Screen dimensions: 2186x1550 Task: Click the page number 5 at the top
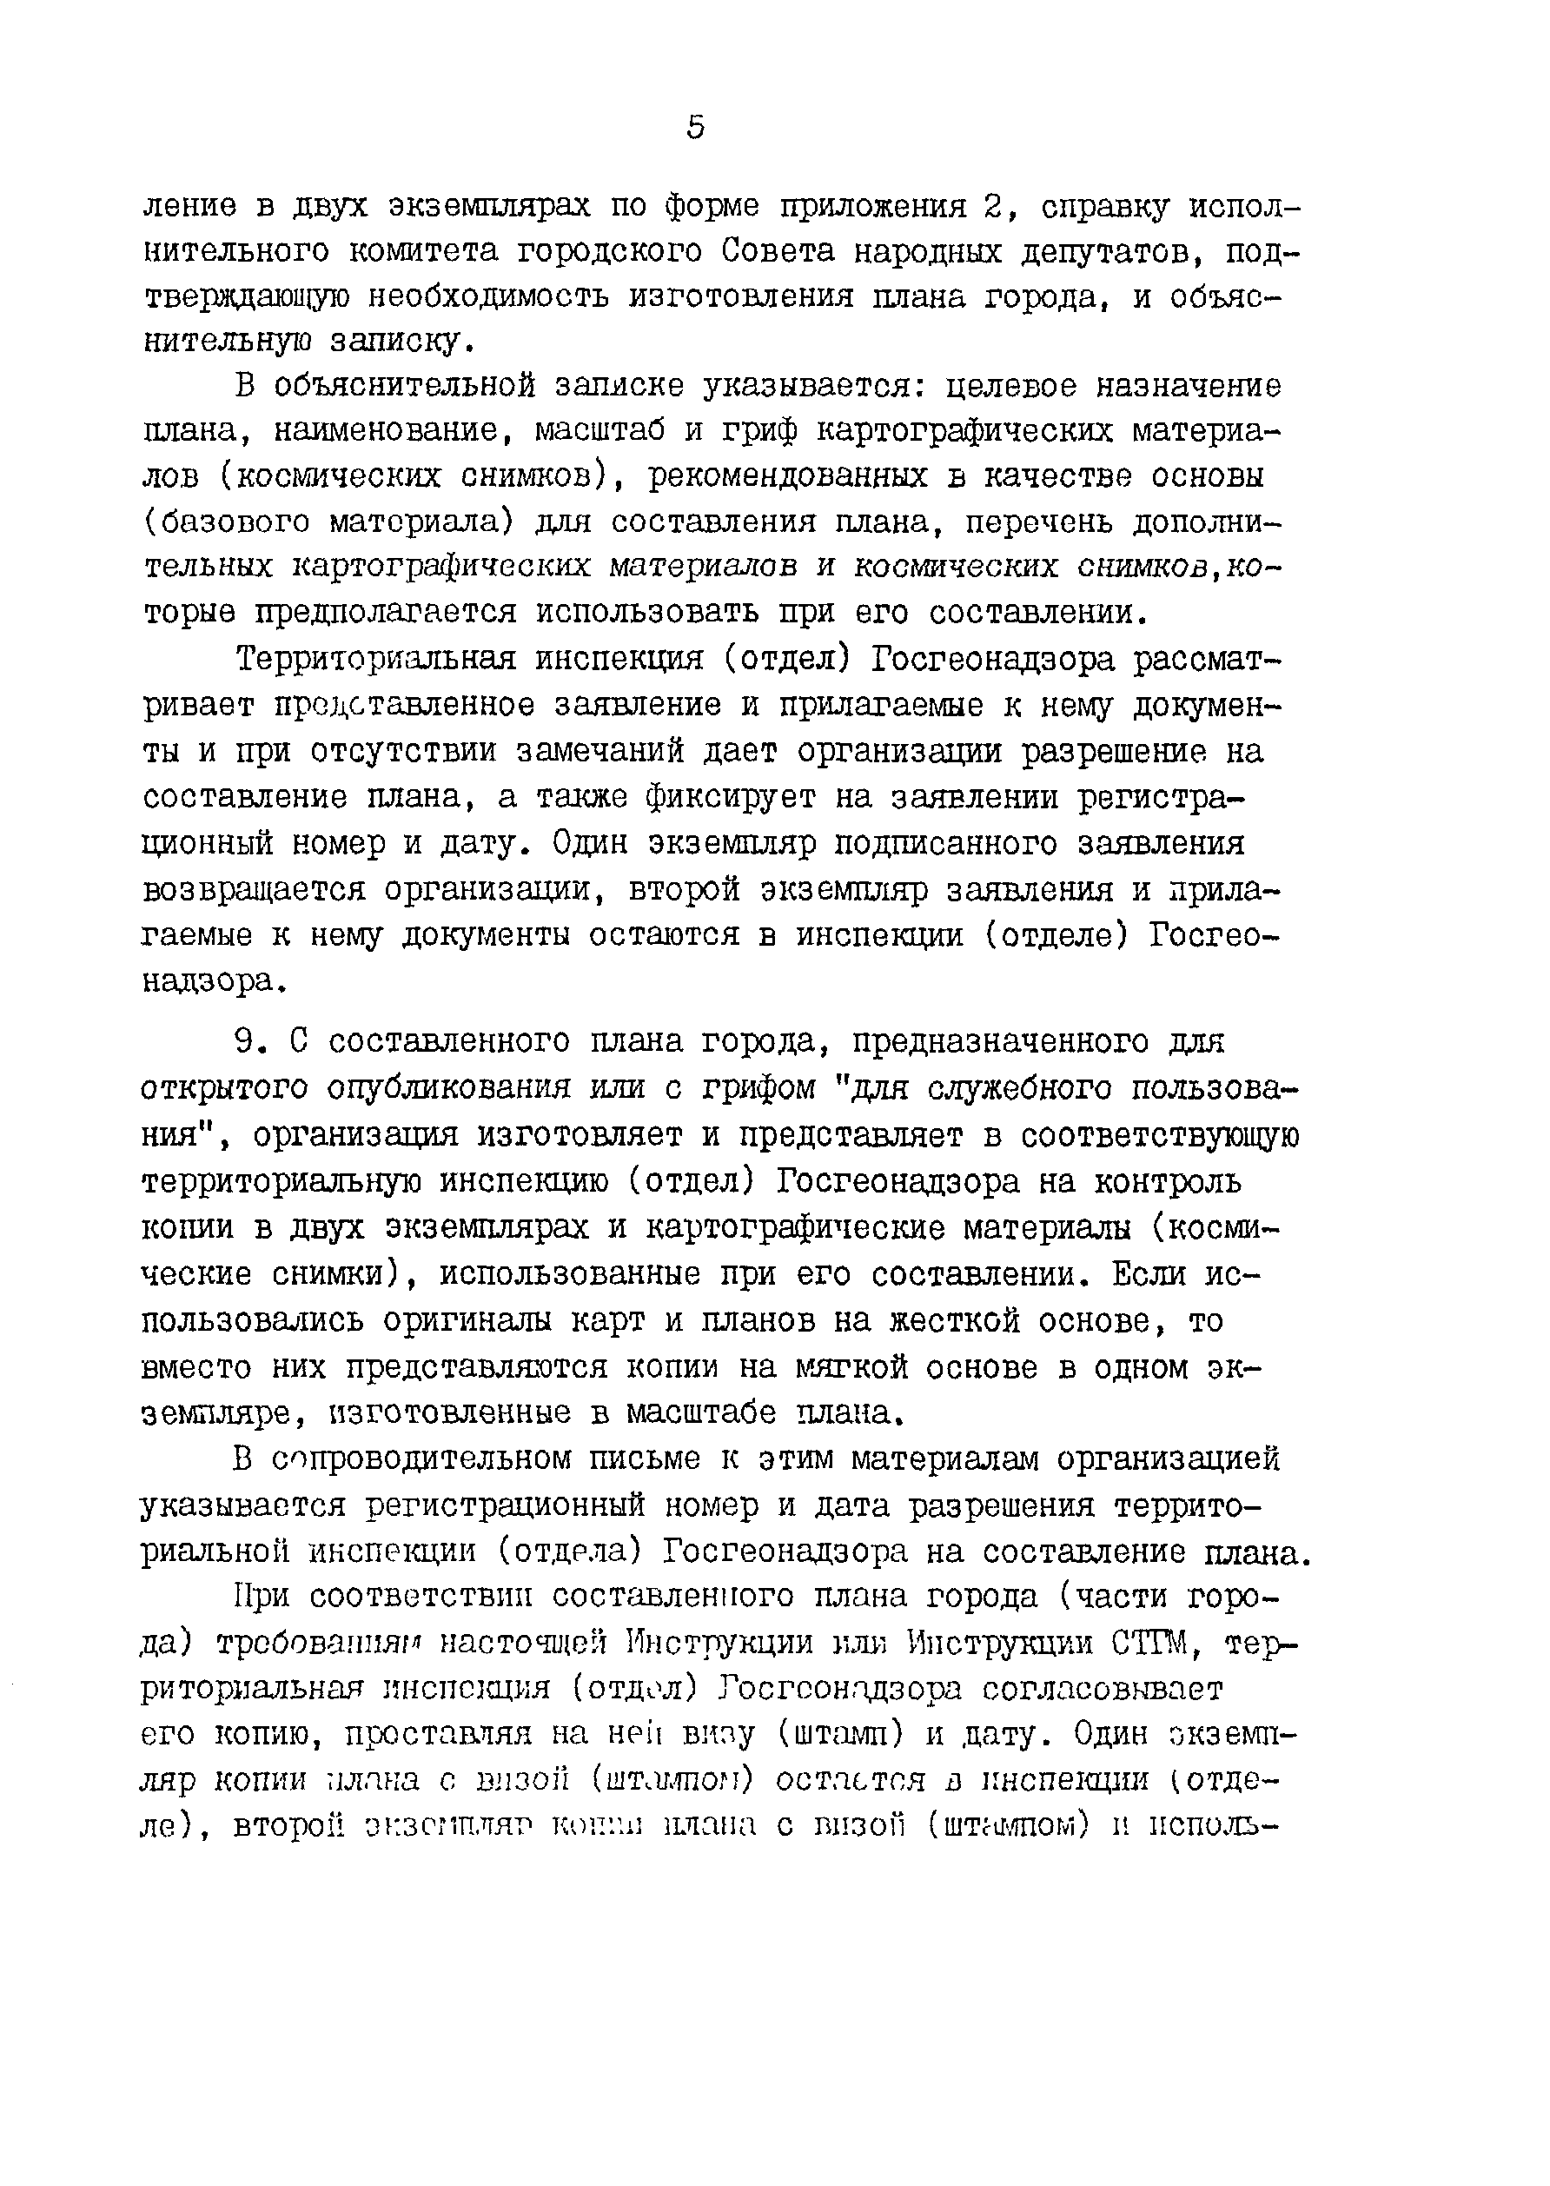[x=696, y=128]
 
